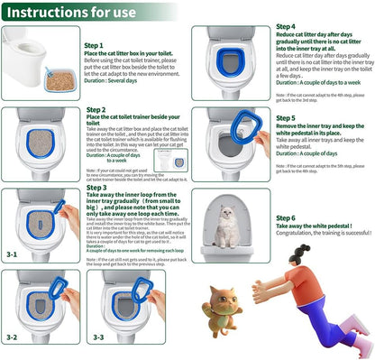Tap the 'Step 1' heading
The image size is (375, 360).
click(96, 45)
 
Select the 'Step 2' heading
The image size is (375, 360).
click(96, 110)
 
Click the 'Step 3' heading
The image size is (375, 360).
click(96, 188)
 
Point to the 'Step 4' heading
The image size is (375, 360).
click(285, 28)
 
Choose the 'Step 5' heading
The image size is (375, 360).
click(285, 118)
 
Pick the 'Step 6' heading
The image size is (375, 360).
click(285, 218)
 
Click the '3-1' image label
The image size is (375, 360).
click(11, 255)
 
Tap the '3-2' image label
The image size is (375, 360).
click(11, 337)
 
